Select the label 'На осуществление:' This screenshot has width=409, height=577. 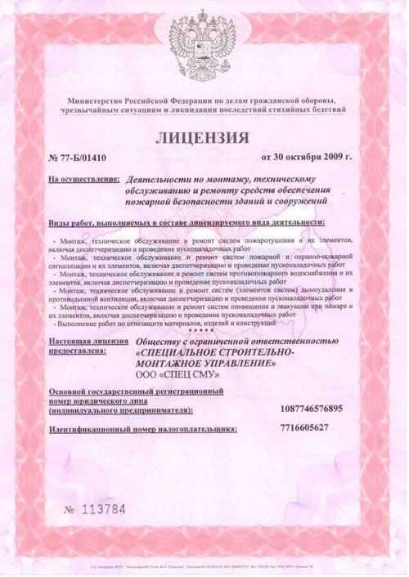79,176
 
